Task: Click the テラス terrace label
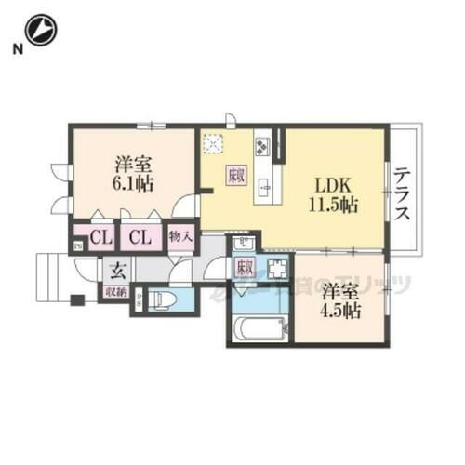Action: pos(403,193)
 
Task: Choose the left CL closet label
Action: pos(101,238)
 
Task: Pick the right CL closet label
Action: pos(139,238)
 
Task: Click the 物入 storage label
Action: pos(180,238)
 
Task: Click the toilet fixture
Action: pos(168,300)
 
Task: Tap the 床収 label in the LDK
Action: pos(234,174)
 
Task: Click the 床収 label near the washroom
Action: pos(244,268)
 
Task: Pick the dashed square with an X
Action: pos(215,143)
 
